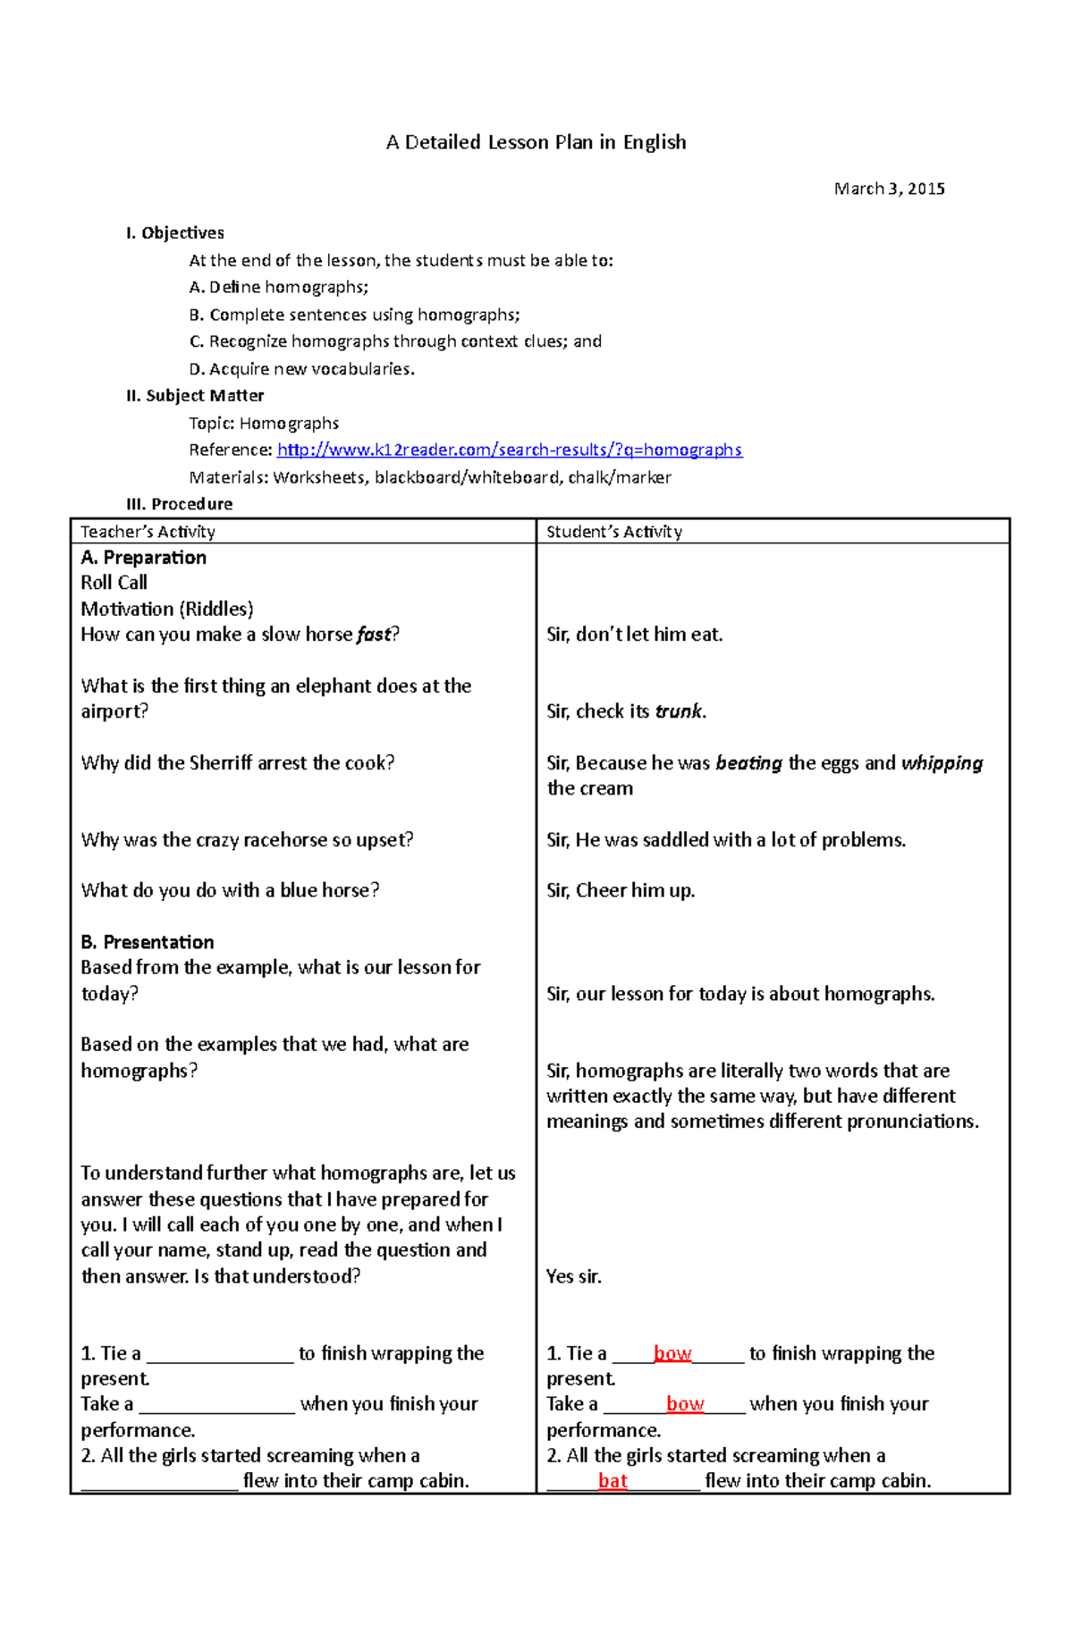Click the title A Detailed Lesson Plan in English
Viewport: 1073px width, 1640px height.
pos(536,142)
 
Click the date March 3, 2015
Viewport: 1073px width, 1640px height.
pos(889,189)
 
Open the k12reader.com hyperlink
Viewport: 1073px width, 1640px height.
pos(510,450)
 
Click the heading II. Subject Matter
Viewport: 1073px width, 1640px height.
pos(195,396)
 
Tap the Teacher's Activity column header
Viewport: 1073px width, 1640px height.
pos(148,532)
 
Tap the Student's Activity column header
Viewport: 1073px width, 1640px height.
pos(614,532)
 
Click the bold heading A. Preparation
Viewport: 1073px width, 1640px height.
pos(143,558)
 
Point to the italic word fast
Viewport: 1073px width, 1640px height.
pos(374,635)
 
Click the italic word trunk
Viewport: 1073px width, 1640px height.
pos(679,711)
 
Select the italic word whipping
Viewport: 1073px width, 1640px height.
pos(942,763)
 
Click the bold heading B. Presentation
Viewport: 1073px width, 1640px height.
pos(148,942)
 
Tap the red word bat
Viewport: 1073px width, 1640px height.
pos(613,1481)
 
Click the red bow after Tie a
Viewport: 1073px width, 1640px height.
pos(672,1353)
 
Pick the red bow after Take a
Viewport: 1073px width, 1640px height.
pos(685,1404)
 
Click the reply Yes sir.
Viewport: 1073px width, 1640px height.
pos(574,1276)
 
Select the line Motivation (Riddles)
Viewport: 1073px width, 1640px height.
pos(167,610)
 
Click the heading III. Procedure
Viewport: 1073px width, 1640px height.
pos(179,504)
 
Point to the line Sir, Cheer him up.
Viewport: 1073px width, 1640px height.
pos(621,890)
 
